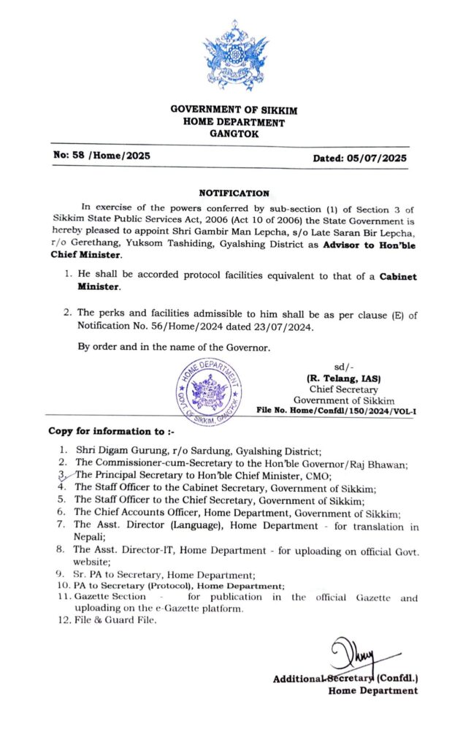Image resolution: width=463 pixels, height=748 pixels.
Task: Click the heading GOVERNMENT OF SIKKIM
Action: (x=234, y=110)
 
